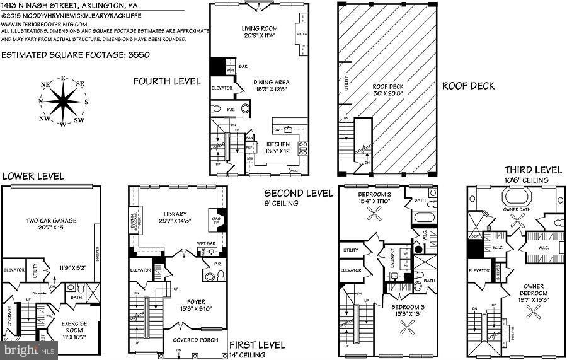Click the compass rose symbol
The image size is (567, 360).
pos(63,101)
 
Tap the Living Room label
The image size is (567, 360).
pos(260,28)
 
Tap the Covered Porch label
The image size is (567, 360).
pos(195,340)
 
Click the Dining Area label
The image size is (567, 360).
pos(272,81)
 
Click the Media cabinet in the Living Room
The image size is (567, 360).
pos(301,30)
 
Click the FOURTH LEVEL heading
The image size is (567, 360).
pos(166,81)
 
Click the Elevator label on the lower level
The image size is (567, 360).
pos(13,270)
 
